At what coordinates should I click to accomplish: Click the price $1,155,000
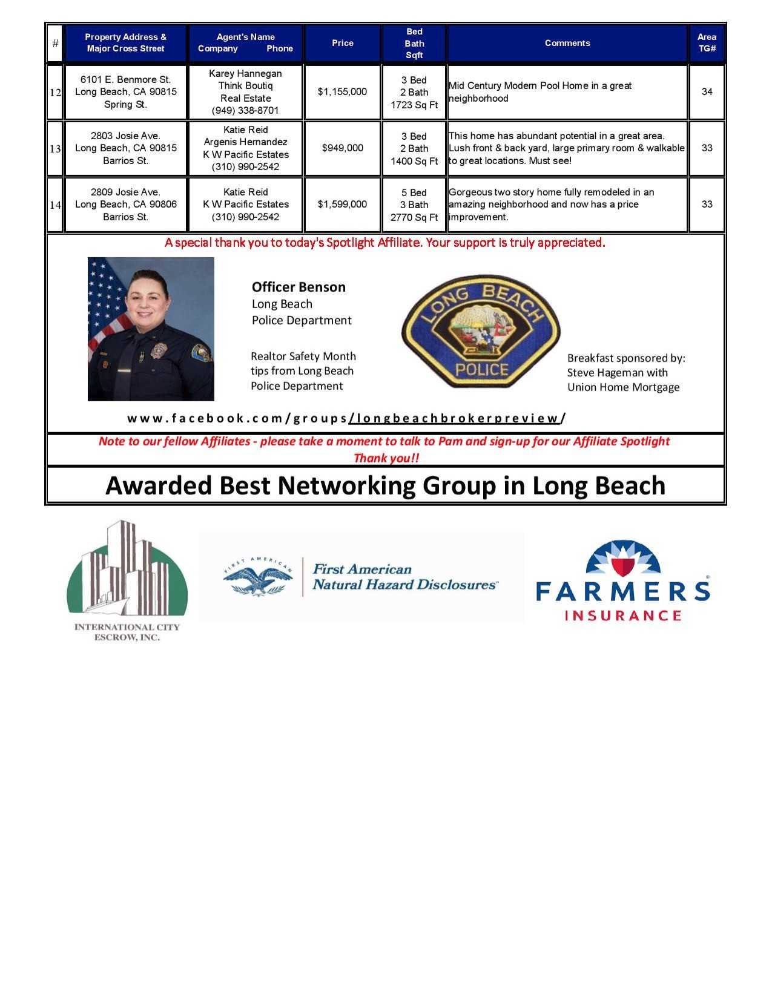tap(342, 92)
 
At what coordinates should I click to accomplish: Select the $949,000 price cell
tap(343, 148)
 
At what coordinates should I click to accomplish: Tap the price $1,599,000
tap(342, 205)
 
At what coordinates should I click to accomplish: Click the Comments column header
tap(567, 43)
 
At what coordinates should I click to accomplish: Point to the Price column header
tap(342, 43)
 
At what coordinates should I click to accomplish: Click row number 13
tap(55, 149)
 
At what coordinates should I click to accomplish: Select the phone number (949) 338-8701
tap(245, 111)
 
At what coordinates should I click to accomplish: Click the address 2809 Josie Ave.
tap(125, 192)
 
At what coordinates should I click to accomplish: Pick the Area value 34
tap(707, 92)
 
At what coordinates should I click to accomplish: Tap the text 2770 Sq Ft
tap(414, 217)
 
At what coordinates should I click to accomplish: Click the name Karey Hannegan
tap(245, 73)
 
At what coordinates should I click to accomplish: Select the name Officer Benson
tap(299, 287)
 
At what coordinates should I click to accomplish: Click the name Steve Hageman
tap(598, 373)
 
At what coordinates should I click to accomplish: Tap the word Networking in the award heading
tap(348, 485)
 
